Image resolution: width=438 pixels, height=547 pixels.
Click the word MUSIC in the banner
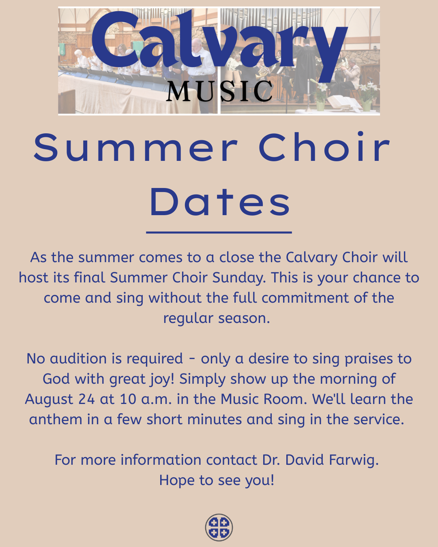click(219, 91)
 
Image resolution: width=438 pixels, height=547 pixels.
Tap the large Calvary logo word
click(219, 46)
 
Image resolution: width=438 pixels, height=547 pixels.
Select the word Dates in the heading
click(220, 202)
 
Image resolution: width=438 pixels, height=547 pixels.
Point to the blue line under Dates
click(219, 232)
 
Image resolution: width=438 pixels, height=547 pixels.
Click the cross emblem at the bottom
click(219, 527)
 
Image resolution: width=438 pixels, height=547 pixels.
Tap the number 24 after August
click(86, 399)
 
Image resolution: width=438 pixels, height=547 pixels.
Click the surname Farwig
click(354, 460)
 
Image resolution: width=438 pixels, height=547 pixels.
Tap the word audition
click(78, 359)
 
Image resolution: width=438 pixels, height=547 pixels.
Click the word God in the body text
click(56, 379)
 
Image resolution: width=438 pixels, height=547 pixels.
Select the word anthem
click(56, 419)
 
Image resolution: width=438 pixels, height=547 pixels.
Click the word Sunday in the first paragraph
click(239, 278)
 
